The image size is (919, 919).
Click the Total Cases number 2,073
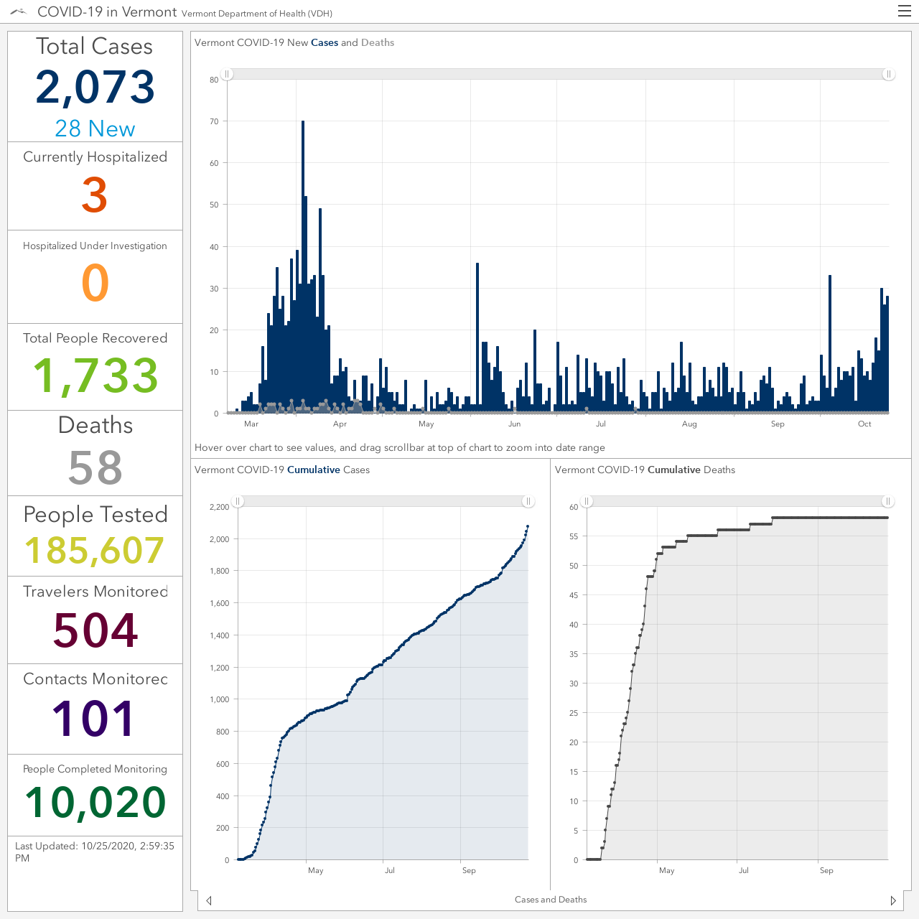click(95, 88)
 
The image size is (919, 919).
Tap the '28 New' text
click(95, 129)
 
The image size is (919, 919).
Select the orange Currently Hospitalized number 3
click(95, 195)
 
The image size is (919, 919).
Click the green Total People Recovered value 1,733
click(95, 375)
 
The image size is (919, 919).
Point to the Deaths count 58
click(95, 467)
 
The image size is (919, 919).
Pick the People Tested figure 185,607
click(95, 551)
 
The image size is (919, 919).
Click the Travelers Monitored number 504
click(95, 630)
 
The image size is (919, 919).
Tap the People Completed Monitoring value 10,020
click(95, 803)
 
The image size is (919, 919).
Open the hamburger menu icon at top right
click(904, 11)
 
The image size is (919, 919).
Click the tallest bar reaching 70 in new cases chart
click(303, 267)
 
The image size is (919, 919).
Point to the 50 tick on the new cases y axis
click(214, 205)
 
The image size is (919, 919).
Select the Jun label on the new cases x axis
click(514, 424)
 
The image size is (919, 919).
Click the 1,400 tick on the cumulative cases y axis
click(220, 635)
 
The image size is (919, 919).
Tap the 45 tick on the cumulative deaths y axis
click(573, 595)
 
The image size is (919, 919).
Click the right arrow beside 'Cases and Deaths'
click(893, 900)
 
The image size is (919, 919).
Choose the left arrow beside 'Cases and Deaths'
click(209, 900)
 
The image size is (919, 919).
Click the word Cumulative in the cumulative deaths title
click(674, 470)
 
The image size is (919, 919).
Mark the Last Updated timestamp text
click(95, 852)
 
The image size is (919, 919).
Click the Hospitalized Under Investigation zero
click(95, 283)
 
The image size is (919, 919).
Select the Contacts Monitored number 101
click(93, 718)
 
